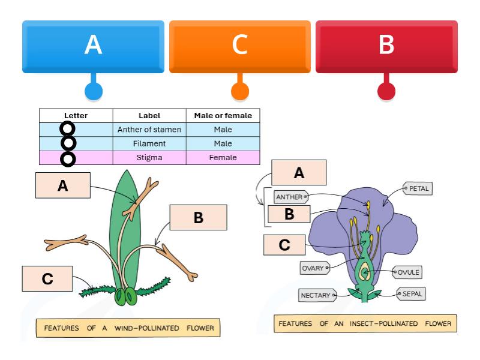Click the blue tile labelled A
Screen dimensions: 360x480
pyautogui.click(x=93, y=46)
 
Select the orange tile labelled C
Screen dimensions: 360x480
pyautogui.click(x=239, y=46)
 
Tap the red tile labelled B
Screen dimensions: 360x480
pyautogui.click(x=386, y=46)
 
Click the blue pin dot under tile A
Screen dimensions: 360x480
pyautogui.click(x=93, y=91)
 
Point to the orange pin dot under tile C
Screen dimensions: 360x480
pyautogui.click(x=239, y=91)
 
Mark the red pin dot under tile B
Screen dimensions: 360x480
pyautogui.click(x=386, y=91)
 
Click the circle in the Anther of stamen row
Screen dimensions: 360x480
pyautogui.click(x=68, y=129)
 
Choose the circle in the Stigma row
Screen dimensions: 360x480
pyautogui.click(x=68, y=158)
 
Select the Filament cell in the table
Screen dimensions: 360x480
pyautogui.click(x=149, y=143)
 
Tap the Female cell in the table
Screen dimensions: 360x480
pyautogui.click(x=223, y=158)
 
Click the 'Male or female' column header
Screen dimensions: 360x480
pyautogui.click(x=223, y=115)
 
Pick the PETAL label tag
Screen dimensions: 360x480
pyautogui.click(x=418, y=189)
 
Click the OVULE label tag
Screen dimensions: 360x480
pyautogui.click(x=408, y=272)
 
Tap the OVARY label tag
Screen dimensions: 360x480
pyautogui.click(x=315, y=268)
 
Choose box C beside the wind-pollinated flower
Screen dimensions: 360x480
pyautogui.click(x=47, y=279)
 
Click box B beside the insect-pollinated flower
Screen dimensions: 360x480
pyautogui.click(x=289, y=214)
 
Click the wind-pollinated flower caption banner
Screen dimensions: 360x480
pyautogui.click(x=128, y=328)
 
